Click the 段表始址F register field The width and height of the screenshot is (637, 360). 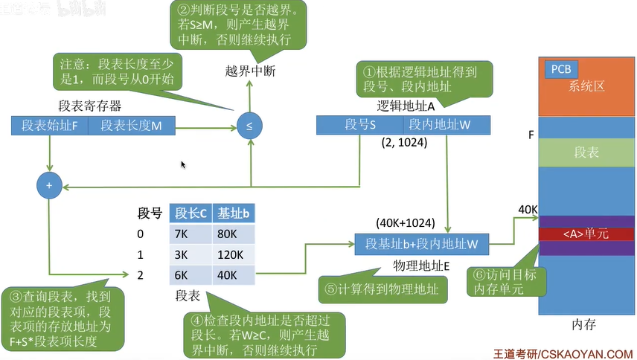pyautogui.click(x=50, y=126)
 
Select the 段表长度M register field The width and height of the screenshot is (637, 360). pyautogui.click(x=131, y=126)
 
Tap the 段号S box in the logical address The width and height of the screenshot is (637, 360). pyautogui.click(x=359, y=125)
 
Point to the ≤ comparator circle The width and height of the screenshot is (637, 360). pyautogui.click(x=249, y=126)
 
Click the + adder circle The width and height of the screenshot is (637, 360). pyautogui.click(x=49, y=186)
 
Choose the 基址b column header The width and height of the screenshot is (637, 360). pyautogui.click(x=233, y=213)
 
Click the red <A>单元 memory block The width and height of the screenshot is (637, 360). pyautogui.click(x=587, y=234)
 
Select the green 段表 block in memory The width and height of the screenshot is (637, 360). pyautogui.click(x=587, y=152)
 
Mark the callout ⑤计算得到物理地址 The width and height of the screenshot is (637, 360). pyautogui.click(x=381, y=287)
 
